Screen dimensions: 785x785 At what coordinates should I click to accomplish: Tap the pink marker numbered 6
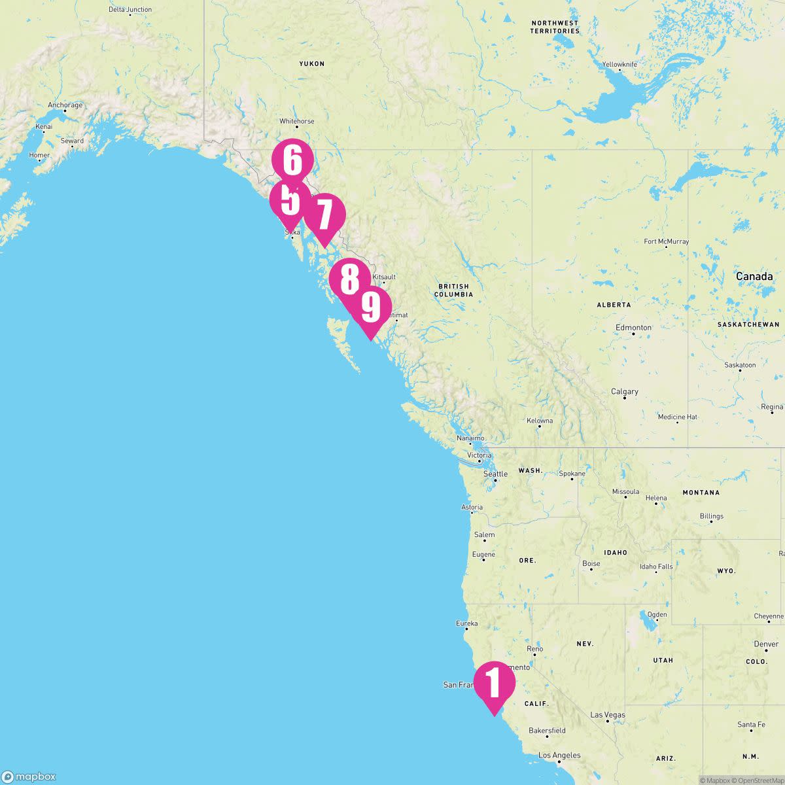[x=292, y=160]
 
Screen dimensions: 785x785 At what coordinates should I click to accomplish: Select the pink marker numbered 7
[x=324, y=215]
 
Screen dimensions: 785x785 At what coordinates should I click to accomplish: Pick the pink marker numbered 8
[x=349, y=279]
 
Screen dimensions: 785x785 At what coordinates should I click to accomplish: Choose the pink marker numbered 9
[x=370, y=307]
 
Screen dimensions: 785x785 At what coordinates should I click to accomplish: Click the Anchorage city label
[x=65, y=105]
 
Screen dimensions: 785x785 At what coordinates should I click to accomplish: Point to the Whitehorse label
[x=297, y=122]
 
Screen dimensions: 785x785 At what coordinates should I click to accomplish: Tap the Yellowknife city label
[x=619, y=65]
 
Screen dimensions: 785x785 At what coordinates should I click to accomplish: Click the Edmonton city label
[x=633, y=328]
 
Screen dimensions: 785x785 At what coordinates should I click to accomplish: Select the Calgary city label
[x=625, y=392]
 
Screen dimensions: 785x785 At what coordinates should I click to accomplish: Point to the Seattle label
[x=495, y=474]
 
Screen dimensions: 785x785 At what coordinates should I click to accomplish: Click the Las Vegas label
[x=608, y=715]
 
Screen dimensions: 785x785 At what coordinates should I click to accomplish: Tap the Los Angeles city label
[x=559, y=756]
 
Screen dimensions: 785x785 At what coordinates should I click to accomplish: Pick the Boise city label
[x=591, y=564]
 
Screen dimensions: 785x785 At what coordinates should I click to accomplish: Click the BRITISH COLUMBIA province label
[x=453, y=290]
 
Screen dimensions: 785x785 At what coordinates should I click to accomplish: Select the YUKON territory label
[x=311, y=64]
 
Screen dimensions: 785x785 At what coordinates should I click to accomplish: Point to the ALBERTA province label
[x=614, y=305]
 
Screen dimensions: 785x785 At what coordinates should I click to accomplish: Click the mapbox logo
[x=29, y=776]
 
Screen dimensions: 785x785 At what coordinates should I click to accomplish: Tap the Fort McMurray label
[x=666, y=241]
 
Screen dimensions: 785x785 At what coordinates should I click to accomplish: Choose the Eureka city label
[x=467, y=624]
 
